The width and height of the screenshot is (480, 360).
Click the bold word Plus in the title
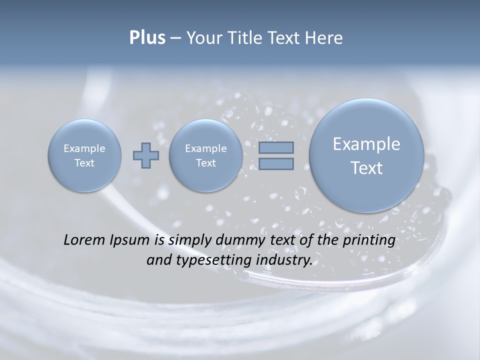click(147, 38)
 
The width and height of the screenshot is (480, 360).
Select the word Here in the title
click(325, 38)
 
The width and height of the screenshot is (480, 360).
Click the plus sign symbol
click(146, 155)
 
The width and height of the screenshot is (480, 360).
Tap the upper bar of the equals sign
click(276, 147)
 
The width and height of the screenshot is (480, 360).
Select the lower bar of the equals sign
click(276, 163)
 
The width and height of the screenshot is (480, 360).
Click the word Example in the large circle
click(366, 144)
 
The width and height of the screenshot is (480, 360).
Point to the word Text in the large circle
click(366, 168)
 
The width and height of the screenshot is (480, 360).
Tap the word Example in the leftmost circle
click(84, 148)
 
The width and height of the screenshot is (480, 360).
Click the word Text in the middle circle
click(206, 163)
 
